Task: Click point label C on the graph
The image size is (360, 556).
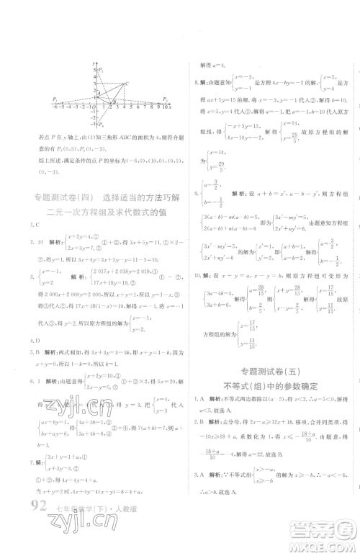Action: click(x=127, y=84)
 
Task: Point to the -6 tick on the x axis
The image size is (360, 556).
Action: click(x=55, y=106)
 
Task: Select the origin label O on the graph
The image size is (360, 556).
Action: click(x=92, y=107)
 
